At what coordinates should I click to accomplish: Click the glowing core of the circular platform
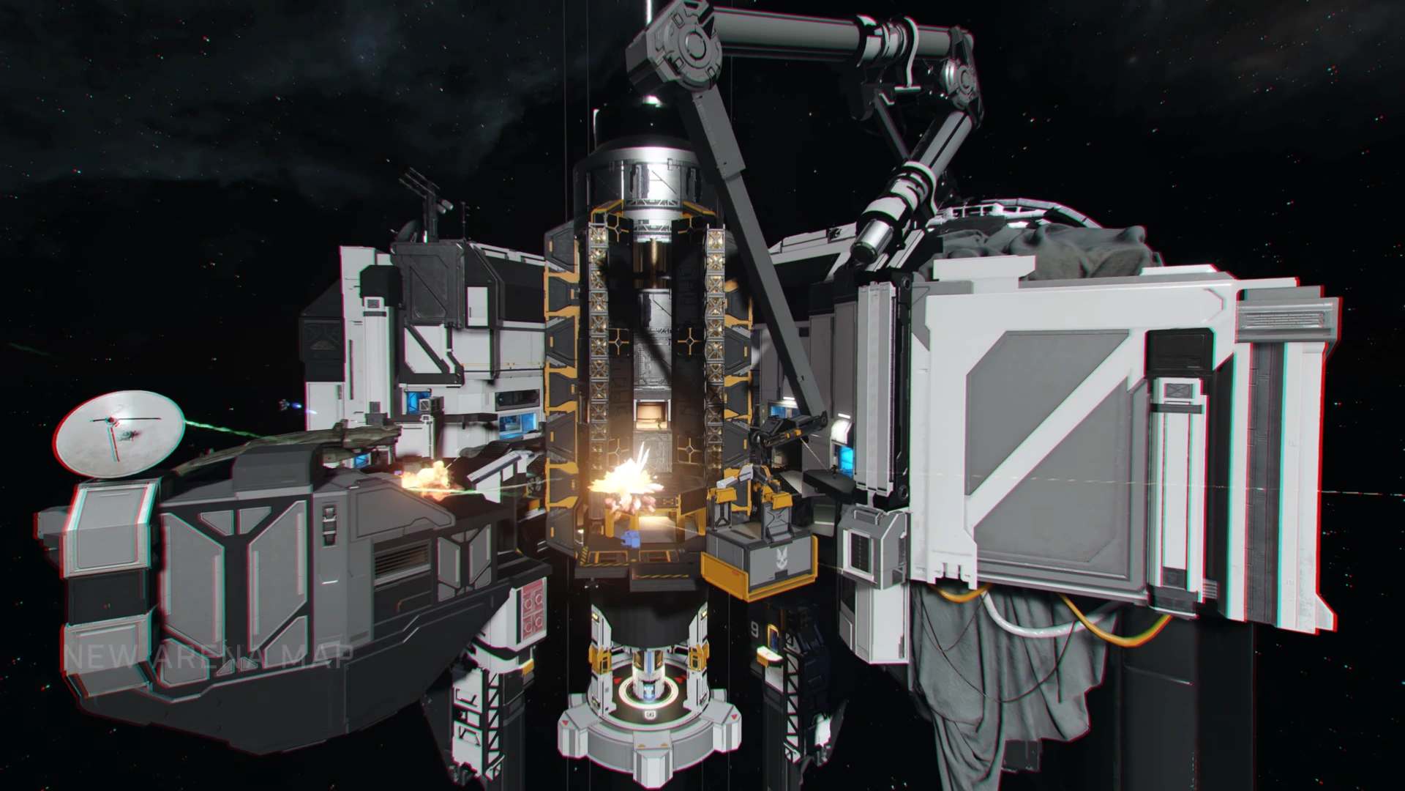(646, 691)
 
